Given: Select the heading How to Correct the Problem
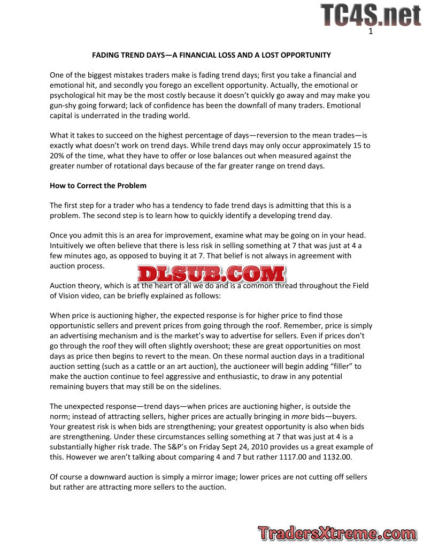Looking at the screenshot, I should click(x=98, y=186).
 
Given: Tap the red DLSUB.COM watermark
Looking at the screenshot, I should click(x=211, y=274).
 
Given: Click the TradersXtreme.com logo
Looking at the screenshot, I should click(x=336, y=534).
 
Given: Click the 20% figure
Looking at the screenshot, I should click(x=58, y=156).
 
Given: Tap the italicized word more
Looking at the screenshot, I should click(x=299, y=416).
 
